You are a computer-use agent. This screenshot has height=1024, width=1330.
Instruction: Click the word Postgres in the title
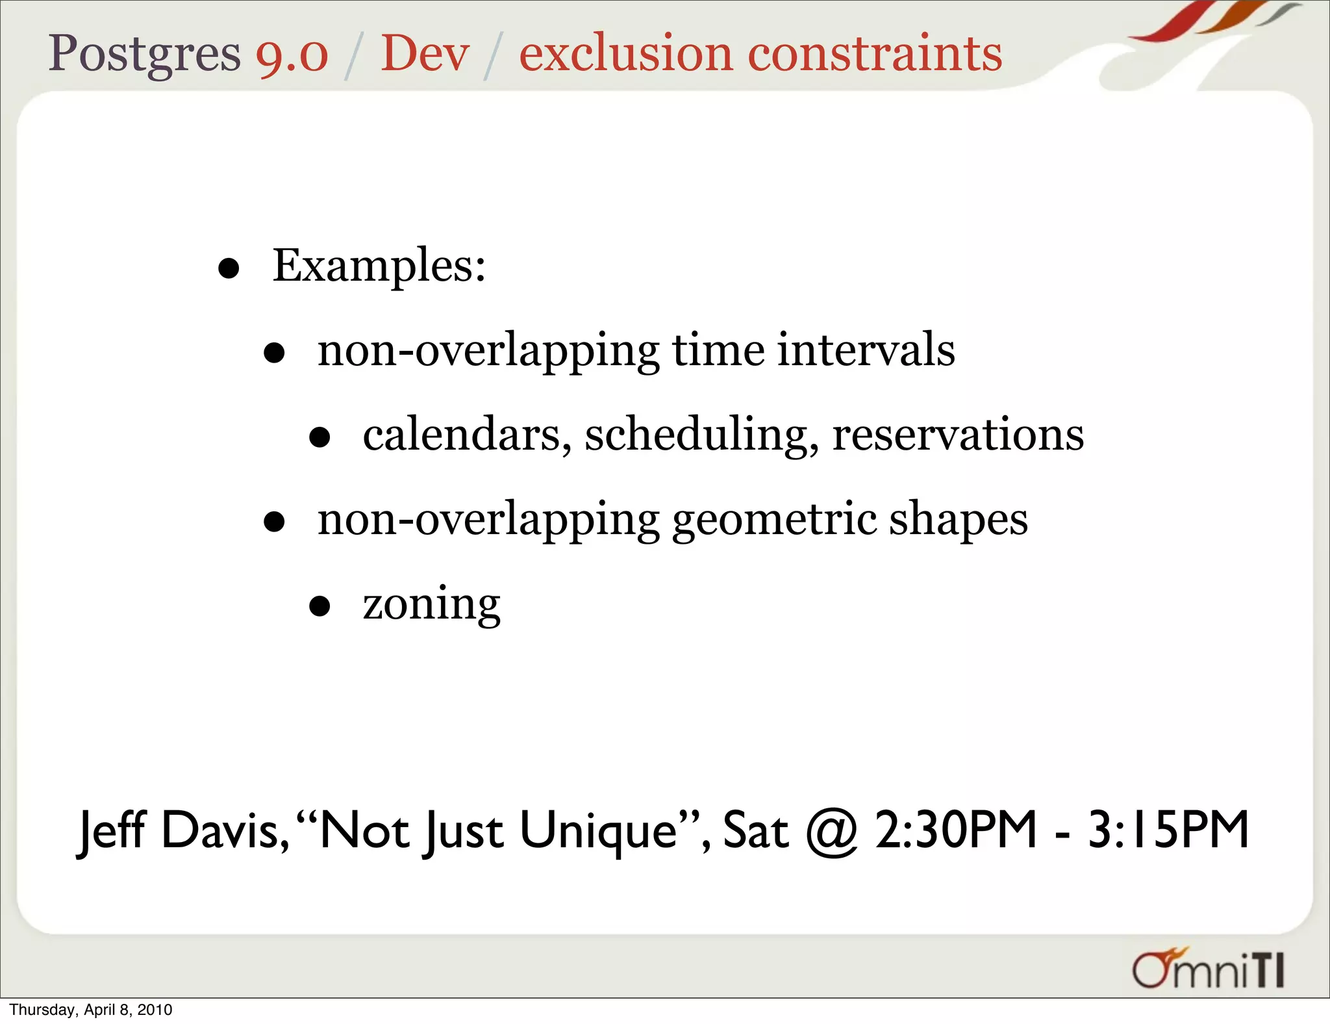pos(144,54)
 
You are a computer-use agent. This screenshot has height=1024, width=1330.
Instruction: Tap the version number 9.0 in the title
pos(292,54)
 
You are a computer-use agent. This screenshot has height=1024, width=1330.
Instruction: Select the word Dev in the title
pos(425,54)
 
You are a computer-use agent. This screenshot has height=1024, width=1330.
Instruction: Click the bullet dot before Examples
pos(229,268)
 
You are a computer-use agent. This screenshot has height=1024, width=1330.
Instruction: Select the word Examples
pos(379,266)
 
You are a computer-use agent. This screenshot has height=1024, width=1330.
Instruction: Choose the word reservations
pos(958,435)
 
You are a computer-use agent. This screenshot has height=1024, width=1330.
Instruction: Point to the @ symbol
pos(832,832)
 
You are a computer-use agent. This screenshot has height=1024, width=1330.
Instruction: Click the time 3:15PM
pos(1168,830)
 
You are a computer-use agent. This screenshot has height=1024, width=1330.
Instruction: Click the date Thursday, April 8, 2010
pos(91,1010)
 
